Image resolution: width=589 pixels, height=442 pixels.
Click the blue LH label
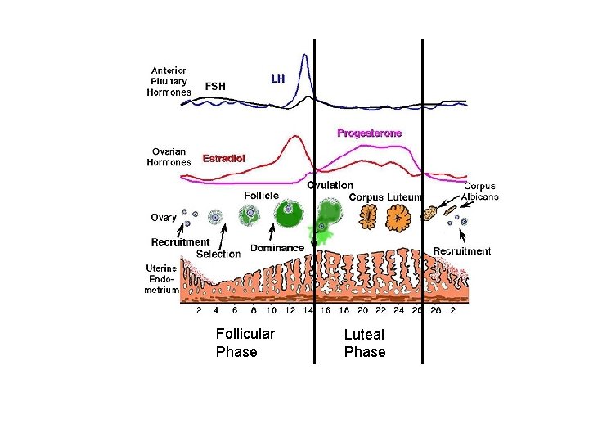277,79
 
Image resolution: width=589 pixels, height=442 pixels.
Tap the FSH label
215,86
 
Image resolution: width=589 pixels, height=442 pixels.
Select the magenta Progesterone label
370,132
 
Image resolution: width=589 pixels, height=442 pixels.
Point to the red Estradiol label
223,157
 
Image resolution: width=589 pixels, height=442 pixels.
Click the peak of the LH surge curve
305,56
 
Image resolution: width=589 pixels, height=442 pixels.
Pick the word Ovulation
330,186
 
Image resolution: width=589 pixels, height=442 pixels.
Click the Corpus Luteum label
385,197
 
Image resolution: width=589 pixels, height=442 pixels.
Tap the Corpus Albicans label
480,192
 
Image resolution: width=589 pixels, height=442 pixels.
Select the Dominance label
277,248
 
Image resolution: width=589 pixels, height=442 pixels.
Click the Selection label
218,254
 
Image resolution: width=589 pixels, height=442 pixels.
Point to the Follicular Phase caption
245,343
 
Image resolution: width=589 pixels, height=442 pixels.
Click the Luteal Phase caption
364,343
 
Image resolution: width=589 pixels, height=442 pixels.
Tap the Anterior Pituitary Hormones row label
169,82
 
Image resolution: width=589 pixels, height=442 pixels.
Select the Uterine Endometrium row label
162,279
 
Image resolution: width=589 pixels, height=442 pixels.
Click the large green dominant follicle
289,215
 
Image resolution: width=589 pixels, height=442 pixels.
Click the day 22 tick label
380,311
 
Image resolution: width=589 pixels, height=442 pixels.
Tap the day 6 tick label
235,311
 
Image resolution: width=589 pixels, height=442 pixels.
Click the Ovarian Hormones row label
169,156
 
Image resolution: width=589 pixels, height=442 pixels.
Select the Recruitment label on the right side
461,251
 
